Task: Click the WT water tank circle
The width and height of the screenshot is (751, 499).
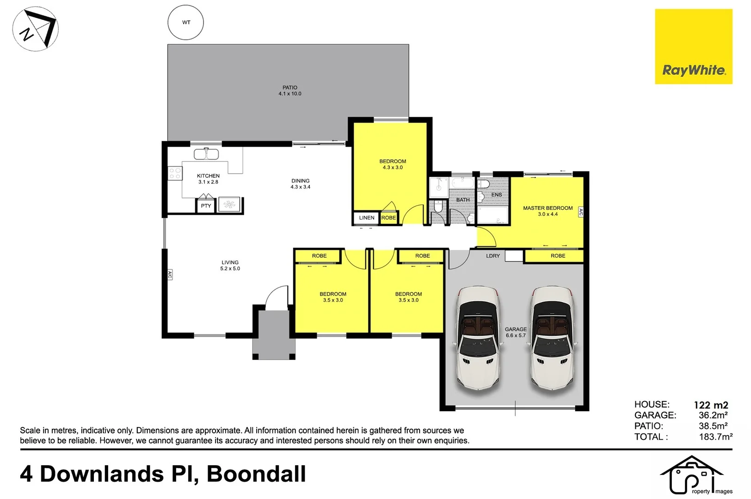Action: pyautogui.click(x=186, y=22)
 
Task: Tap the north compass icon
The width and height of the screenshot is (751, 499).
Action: pyautogui.click(x=35, y=29)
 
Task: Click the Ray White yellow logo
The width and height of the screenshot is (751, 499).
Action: pyautogui.click(x=693, y=47)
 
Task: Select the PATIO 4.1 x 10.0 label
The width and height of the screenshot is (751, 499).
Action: pyautogui.click(x=290, y=91)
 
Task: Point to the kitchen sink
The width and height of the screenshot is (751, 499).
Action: pyautogui.click(x=206, y=154)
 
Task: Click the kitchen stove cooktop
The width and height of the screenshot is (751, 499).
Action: pyautogui.click(x=175, y=173)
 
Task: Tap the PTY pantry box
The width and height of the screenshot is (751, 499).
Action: pyautogui.click(x=206, y=206)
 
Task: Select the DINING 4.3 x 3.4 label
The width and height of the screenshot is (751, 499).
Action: pyautogui.click(x=301, y=184)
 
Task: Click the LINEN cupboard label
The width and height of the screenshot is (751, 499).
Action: pyautogui.click(x=367, y=218)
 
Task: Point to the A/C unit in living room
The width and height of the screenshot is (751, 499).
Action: pyautogui.click(x=170, y=275)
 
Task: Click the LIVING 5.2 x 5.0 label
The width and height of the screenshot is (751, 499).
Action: pyautogui.click(x=230, y=265)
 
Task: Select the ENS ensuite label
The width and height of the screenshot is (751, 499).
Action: pyautogui.click(x=497, y=195)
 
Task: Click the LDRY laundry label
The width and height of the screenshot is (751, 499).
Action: pyautogui.click(x=493, y=256)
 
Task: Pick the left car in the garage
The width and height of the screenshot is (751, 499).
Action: pyautogui.click(x=478, y=339)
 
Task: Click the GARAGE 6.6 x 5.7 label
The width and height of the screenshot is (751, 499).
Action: pyautogui.click(x=516, y=332)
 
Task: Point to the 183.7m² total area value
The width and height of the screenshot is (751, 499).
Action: pyautogui.click(x=715, y=437)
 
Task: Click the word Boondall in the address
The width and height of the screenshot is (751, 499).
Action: pyautogui.click(x=256, y=474)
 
